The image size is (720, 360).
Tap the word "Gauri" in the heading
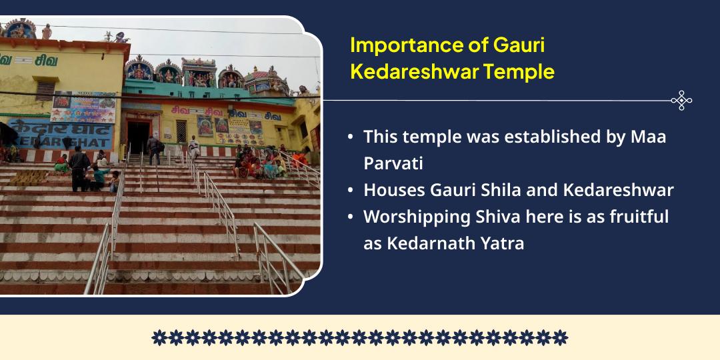pos(519,46)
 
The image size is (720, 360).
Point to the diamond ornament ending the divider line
pos(681,101)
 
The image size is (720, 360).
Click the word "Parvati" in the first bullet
pos(393,163)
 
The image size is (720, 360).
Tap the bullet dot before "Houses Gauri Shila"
pos(351,190)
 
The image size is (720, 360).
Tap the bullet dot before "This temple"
pos(351,137)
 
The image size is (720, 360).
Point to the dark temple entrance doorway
pos(138,136)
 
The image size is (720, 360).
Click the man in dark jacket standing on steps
pos(79,167)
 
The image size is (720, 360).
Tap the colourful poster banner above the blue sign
pos(83,106)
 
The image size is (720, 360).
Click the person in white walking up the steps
pos(193,147)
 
